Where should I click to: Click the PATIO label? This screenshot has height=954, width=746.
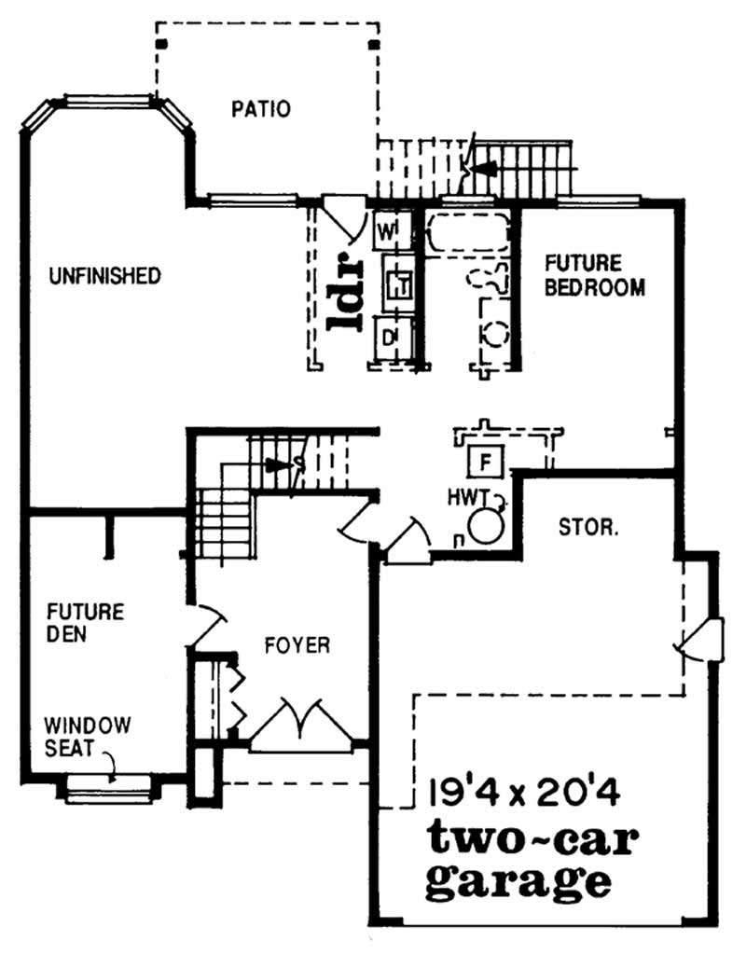click(260, 109)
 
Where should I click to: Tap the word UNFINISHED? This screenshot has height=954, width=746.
click(104, 276)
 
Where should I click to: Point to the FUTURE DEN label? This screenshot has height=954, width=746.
click(85, 624)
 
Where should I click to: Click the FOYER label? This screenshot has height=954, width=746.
click(296, 645)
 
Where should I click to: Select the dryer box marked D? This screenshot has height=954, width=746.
click(390, 333)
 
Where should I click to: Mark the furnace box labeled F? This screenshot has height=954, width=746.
click(484, 461)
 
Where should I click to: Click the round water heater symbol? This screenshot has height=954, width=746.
click(486, 525)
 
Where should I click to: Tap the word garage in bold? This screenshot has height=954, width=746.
click(518, 880)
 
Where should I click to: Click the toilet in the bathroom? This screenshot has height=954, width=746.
click(490, 279)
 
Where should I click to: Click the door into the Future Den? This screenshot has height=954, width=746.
click(207, 626)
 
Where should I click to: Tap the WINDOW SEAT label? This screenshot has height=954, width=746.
click(90, 733)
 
